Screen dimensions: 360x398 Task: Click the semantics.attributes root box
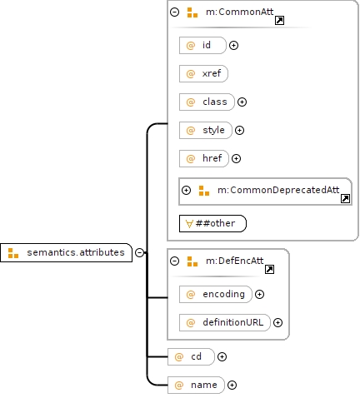(66, 252)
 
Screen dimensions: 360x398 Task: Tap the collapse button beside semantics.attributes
(139, 252)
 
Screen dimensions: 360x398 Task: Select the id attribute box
(202, 45)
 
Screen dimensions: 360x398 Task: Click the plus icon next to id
(233, 45)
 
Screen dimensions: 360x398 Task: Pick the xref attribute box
(203, 73)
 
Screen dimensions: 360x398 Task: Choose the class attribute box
(207, 102)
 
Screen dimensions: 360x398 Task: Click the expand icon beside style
(239, 130)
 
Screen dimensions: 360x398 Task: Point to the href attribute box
(204, 158)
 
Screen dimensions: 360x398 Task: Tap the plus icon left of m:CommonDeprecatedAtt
(186, 191)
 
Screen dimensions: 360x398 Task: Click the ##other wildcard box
(212, 223)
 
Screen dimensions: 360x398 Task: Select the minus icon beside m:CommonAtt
(174, 12)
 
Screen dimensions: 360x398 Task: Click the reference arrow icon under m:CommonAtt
(279, 20)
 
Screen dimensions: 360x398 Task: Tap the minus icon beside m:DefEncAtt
(174, 261)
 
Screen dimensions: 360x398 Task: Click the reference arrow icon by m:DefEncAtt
(269, 269)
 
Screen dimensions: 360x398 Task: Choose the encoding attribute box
(216, 294)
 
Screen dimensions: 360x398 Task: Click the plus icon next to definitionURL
(277, 322)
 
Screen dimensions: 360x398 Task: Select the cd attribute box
(191, 356)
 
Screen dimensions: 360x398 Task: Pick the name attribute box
(196, 385)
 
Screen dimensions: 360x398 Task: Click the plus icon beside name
(232, 385)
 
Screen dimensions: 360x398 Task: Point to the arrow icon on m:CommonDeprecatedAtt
(345, 198)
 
